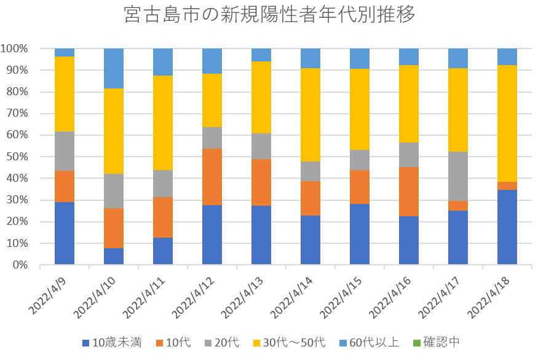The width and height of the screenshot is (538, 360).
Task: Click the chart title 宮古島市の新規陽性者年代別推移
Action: pos(269,15)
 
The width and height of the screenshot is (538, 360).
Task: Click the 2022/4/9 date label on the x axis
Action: pos(49,294)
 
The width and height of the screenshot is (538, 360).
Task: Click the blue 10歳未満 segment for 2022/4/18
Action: pos(507,227)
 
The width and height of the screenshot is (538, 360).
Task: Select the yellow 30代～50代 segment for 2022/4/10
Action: pos(114,131)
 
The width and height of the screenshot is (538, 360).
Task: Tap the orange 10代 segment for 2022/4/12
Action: pos(212,176)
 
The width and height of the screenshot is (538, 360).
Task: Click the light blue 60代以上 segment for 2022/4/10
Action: pos(114,68)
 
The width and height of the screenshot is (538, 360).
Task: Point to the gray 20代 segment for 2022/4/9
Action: pos(65,151)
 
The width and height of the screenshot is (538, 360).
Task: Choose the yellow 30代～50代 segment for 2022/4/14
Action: pos(311,115)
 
